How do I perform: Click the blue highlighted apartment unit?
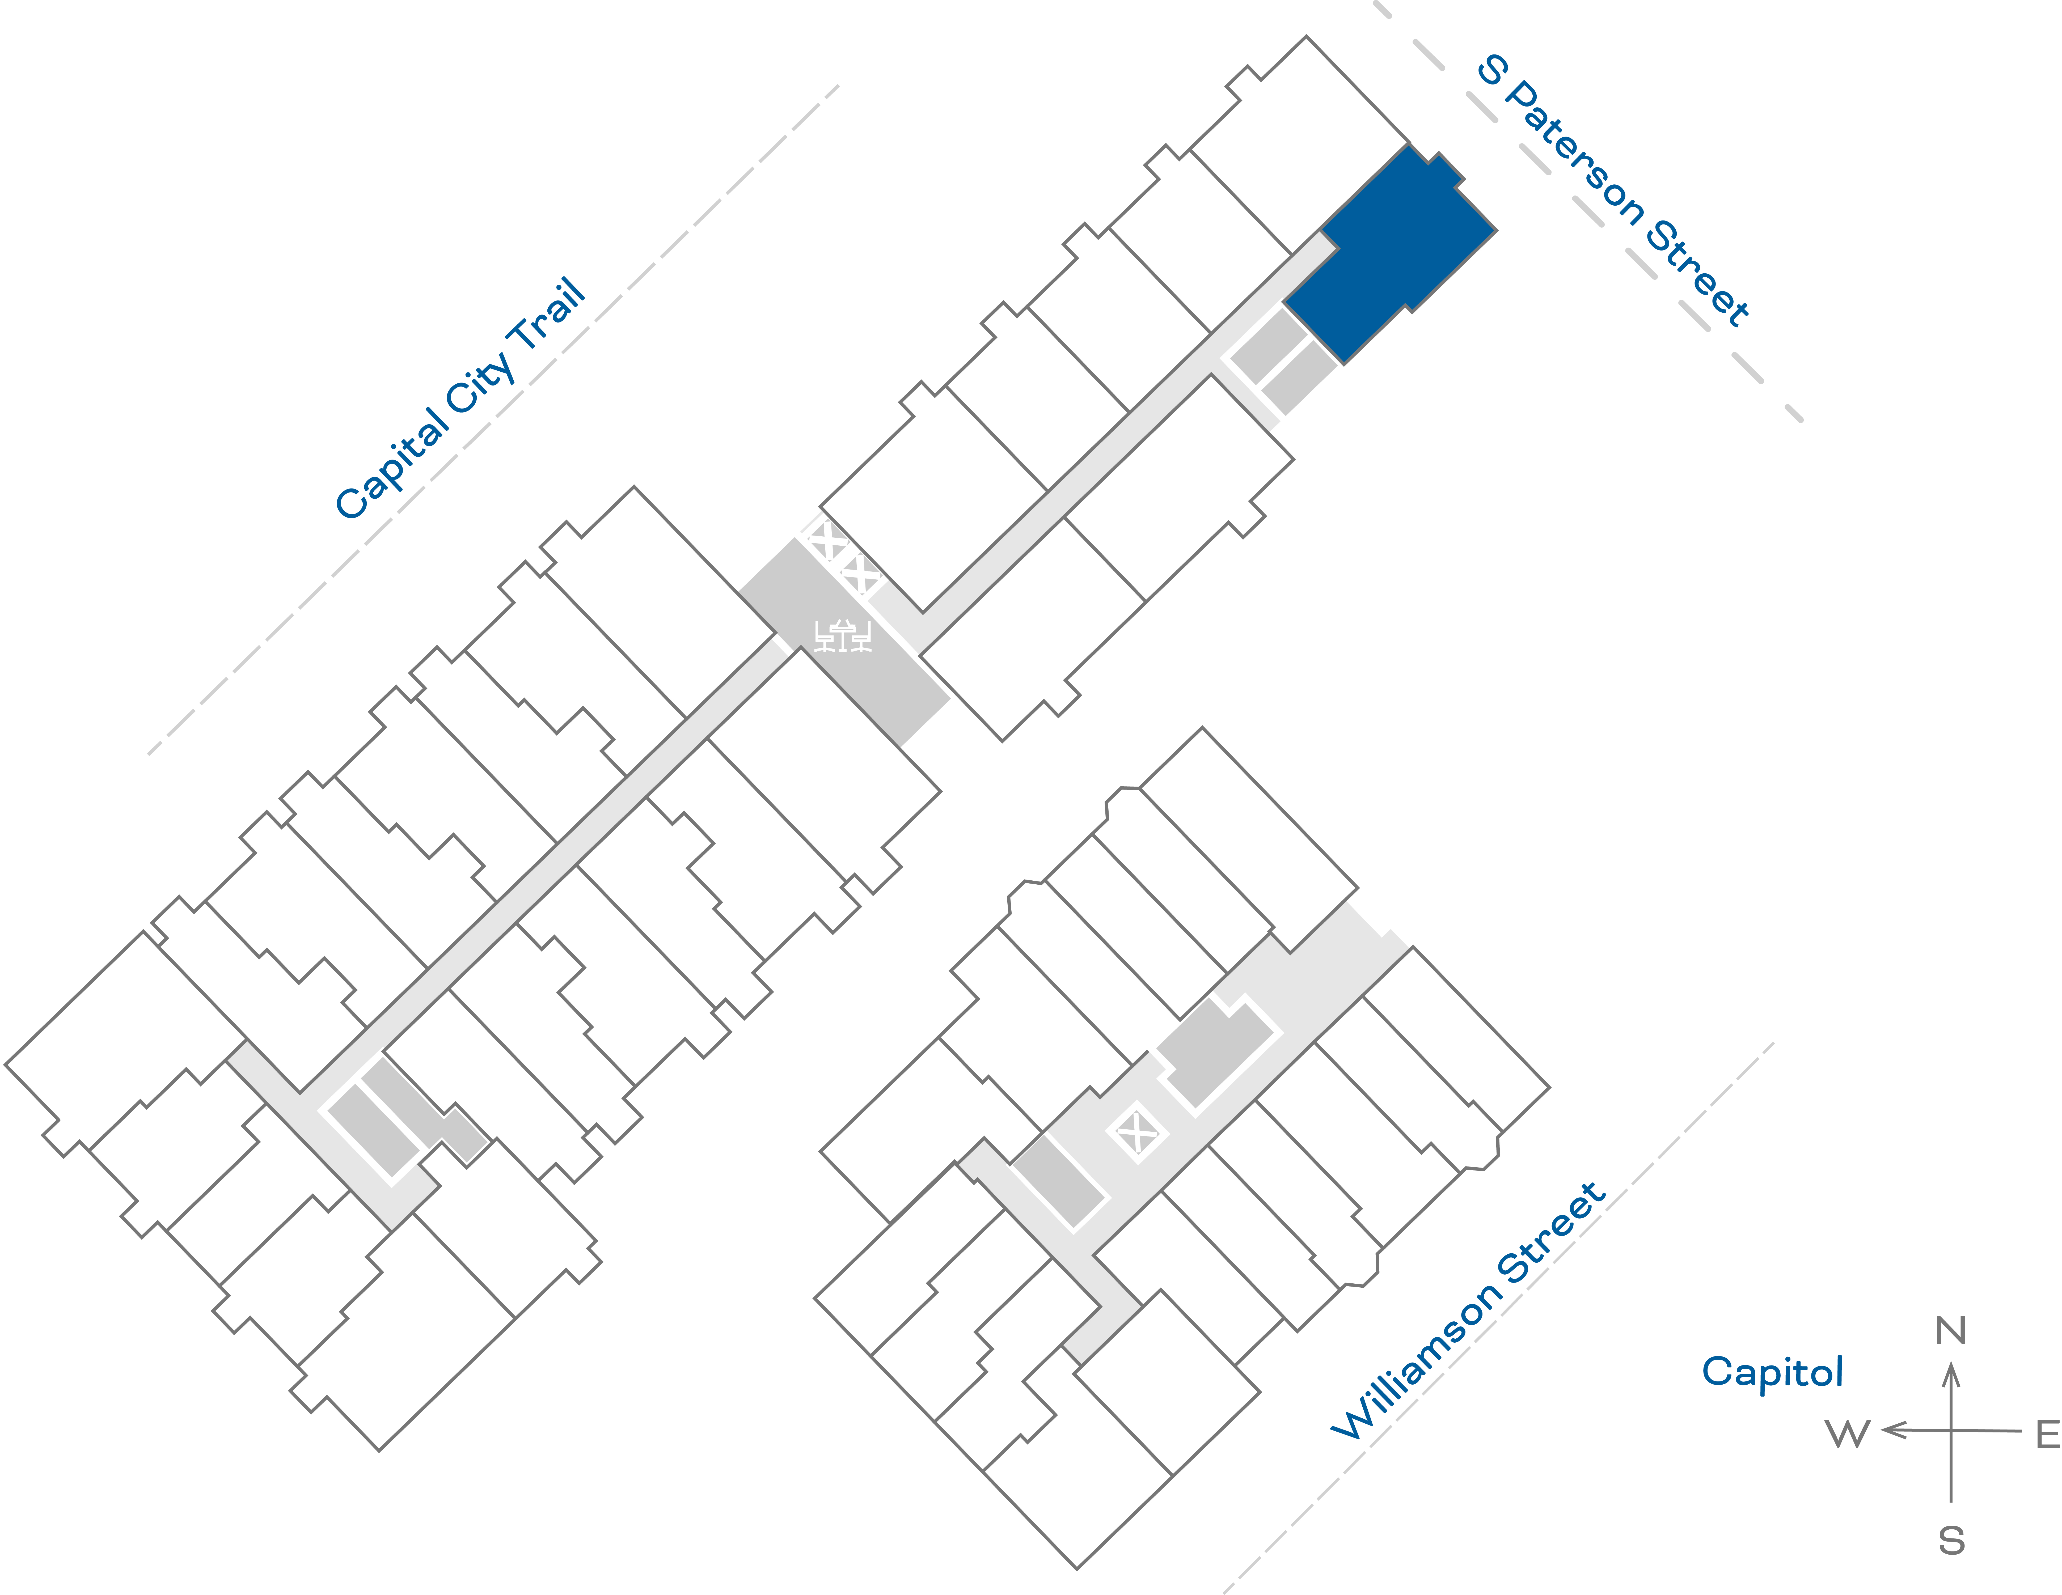(1388, 255)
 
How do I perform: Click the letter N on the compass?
(1951, 1331)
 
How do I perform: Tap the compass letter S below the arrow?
(1951, 1541)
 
